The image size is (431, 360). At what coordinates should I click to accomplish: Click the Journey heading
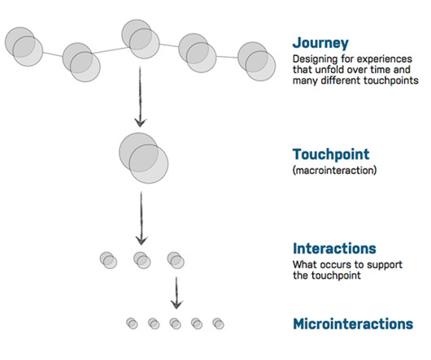coord(320,43)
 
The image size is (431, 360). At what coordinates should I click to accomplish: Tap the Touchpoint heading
coord(331,154)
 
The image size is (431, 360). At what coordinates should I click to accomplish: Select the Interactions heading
coord(334,249)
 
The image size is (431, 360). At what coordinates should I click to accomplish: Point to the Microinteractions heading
coord(353,323)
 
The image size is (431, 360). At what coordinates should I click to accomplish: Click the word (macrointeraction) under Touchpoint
coord(334,171)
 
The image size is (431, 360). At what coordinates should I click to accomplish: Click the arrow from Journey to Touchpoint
coord(140,97)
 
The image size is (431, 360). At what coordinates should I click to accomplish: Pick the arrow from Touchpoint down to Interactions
coord(141,219)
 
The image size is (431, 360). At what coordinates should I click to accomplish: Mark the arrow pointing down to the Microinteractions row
coord(176,293)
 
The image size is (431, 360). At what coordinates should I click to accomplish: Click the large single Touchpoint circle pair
coord(143,158)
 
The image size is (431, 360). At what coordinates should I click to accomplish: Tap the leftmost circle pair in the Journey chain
coord(24,46)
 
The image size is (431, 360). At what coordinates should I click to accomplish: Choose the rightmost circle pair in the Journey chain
coord(256,62)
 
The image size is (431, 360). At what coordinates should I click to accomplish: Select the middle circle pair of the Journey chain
coord(141,39)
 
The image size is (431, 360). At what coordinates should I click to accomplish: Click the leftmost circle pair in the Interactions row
coord(108,260)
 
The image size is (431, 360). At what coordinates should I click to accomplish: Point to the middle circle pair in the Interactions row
coord(141,260)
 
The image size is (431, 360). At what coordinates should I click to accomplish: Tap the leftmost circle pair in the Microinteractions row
coord(132,323)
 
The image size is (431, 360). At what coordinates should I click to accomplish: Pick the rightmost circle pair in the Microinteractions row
coord(218,323)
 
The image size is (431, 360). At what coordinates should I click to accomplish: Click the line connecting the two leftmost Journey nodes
coord(53,54)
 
